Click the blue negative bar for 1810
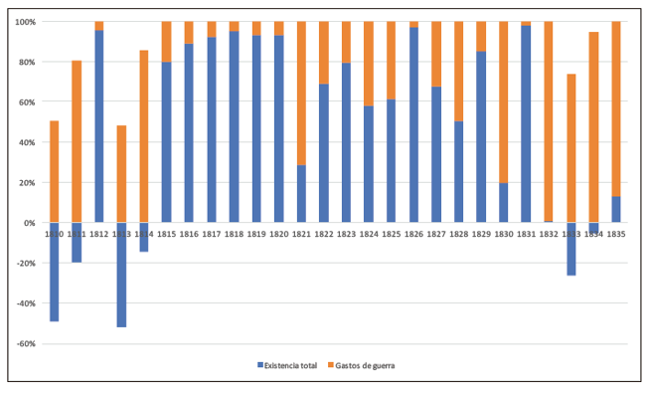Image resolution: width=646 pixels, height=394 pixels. [x=54, y=272]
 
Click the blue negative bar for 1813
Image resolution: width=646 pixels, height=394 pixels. [x=121, y=275]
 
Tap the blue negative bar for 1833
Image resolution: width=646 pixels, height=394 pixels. [x=571, y=249]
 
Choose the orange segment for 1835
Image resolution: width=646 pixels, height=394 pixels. [x=616, y=108]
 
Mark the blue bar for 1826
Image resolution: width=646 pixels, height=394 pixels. [x=413, y=124]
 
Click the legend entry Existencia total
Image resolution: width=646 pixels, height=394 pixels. [x=287, y=365]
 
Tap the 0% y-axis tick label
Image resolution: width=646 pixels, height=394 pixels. [x=29, y=223]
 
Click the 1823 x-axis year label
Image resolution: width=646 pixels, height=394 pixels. [x=346, y=234]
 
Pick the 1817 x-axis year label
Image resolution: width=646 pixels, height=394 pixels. [x=211, y=234]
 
